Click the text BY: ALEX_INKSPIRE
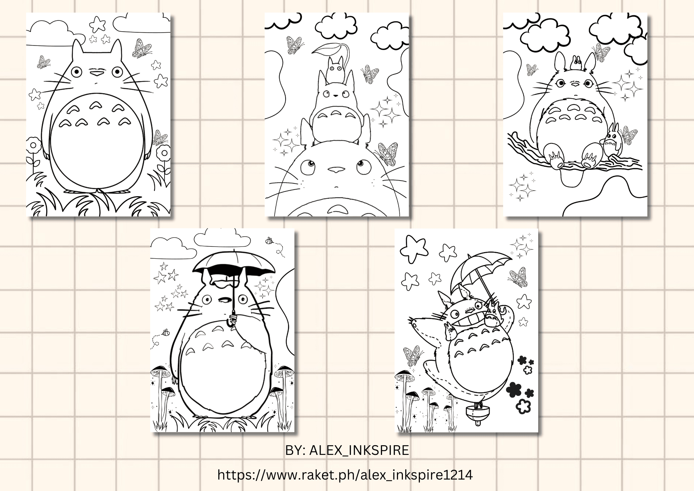(347, 450)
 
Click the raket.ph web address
(345, 475)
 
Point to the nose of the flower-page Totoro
(96, 73)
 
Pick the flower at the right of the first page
(163, 153)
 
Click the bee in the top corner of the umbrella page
(269, 240)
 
